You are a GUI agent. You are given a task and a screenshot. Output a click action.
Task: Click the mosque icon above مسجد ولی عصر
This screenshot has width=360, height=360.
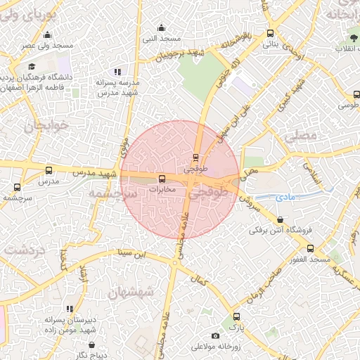47,35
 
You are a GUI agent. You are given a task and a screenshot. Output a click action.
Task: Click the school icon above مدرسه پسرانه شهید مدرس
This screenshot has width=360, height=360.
117,72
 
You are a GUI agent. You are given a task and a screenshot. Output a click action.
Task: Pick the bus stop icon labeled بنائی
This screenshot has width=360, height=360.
271,33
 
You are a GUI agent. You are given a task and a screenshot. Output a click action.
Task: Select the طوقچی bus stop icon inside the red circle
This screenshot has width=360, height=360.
196,157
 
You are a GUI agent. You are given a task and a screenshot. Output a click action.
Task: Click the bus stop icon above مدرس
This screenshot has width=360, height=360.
49,170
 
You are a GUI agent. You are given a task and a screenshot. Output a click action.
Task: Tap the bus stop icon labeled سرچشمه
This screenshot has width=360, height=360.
18,187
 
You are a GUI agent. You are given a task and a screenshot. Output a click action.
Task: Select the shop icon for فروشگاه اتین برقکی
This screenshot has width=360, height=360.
281,220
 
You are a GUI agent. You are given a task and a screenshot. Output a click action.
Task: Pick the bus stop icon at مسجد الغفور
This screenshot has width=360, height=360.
310,248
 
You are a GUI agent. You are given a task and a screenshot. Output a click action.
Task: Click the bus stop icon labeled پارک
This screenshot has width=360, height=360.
236,316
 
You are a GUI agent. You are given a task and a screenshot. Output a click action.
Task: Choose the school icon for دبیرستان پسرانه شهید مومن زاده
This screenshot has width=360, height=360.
70,309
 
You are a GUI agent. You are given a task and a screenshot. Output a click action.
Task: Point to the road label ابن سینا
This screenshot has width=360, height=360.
133,252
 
